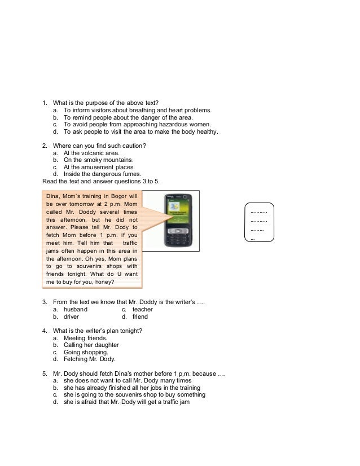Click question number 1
click(45, 103)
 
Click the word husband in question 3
click(76, 309)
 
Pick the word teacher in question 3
click(142, 309)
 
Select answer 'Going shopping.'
click(87, 352)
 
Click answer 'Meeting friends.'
click(85, 337)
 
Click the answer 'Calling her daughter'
click(91, 345)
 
